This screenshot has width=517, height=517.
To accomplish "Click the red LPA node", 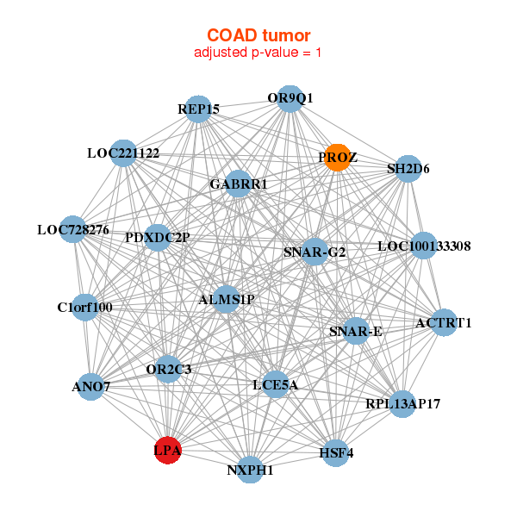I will point(166,450).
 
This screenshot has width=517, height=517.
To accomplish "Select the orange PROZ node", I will point(337,158).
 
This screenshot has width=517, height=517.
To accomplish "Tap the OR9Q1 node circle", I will point(290,99).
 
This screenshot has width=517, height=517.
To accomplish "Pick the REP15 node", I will point(199,109).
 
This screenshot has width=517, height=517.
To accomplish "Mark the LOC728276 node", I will point(73,230).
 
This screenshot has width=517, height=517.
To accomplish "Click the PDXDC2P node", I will point(158,237).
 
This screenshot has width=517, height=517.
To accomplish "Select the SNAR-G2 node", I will point(315,252).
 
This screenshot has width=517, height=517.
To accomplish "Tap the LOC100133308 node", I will point(424,246).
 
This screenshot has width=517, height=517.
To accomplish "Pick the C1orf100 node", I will point(85,307).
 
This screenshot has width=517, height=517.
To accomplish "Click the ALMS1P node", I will point(227,300).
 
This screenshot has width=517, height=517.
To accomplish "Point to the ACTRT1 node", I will point(444,323).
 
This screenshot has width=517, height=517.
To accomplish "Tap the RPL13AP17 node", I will point(402,403).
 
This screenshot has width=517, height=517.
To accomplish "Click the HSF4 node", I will point(336,452).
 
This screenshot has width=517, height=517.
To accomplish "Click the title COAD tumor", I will point(258,35).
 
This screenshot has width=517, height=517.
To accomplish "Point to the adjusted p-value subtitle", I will point(258,53).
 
